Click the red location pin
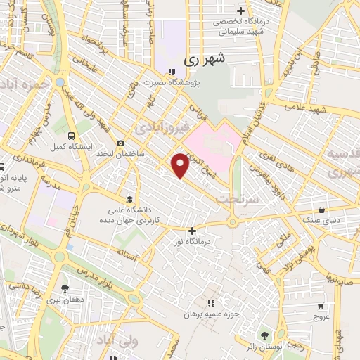[x=181, y=165]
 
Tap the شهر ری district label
[x=207, y=61]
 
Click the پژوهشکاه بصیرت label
[x=172, y=83]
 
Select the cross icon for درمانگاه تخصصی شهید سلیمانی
[x=241, y=11]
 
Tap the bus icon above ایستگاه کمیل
[x=70, y=136]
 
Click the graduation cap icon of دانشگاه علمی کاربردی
[x=128, y=199]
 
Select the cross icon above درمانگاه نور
[x=192, y=230]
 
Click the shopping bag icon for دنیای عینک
[x=322, y=209]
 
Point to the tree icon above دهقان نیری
[x=65, y=288]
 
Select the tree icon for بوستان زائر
[x=264, y=335]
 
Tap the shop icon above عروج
[x=321, y=306]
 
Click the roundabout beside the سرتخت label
[x=233, y=223]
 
